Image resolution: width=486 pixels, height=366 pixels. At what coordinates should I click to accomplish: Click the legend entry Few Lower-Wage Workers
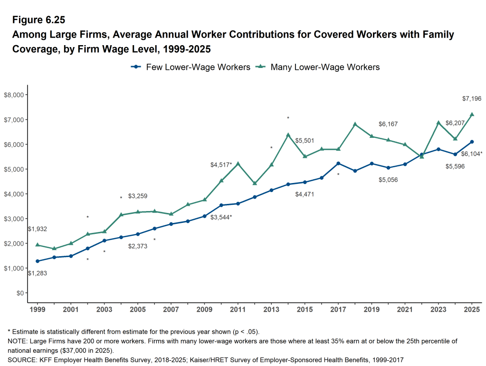coord(191,67)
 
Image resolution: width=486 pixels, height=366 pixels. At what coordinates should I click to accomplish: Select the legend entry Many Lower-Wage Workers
coord(318,67)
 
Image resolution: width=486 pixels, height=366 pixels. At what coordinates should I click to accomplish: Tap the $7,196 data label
coord(472,99)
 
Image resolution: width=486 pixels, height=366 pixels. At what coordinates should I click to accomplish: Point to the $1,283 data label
coord(38,273)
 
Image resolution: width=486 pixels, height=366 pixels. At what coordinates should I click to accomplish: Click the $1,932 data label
coord(38,229)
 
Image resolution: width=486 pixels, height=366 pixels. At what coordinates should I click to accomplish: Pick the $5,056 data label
coord(388,180)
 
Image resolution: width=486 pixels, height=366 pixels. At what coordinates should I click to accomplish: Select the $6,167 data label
coord(388,124)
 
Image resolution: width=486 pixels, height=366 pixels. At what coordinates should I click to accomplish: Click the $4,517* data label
coord(221,165)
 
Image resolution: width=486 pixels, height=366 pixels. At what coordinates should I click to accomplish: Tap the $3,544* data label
coord(221,217)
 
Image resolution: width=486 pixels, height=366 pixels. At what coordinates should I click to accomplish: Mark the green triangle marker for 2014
coord(288,135)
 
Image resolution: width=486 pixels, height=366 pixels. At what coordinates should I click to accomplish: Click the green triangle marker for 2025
coord(472,114)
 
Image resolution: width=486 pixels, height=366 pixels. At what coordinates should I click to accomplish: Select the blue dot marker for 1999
coord(38,261)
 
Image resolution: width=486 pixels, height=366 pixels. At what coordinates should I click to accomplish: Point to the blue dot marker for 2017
coord(338,164)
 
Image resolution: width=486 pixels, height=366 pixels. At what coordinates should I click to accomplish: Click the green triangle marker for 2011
coord(238,164)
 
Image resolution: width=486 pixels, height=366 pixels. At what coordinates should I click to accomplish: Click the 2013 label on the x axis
coord(271,309)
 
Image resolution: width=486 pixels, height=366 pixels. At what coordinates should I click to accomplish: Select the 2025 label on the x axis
coord(472,309)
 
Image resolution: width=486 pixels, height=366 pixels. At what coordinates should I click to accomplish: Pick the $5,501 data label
coord(305,141)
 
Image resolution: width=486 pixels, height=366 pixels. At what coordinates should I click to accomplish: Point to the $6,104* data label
coord(472,154)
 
